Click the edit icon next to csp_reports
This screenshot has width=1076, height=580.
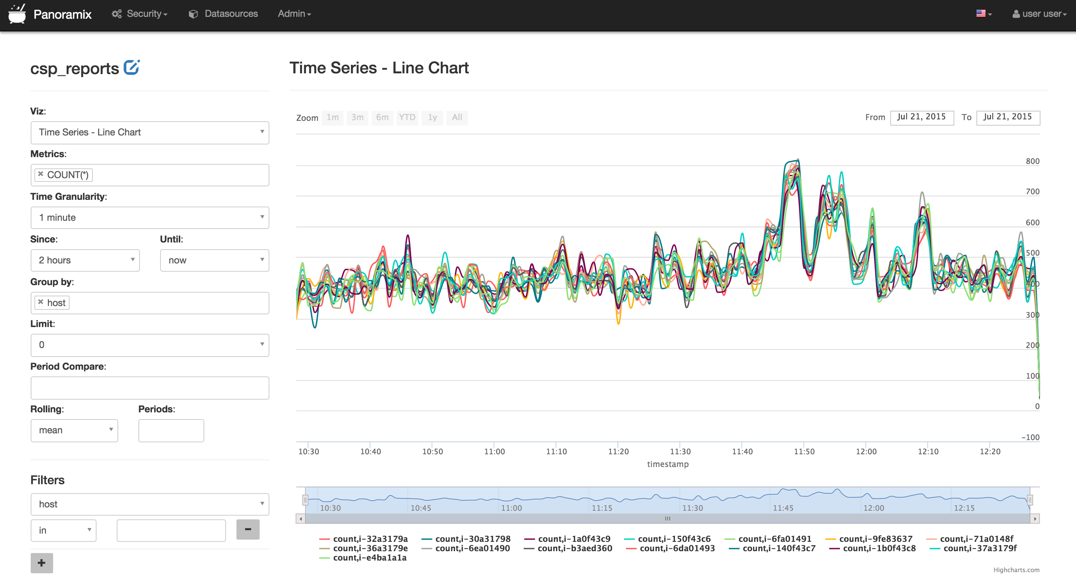tap(132, 68)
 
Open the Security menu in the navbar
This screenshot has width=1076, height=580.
tap(140, 14)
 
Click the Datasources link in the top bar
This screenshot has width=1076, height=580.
tap(223, 14)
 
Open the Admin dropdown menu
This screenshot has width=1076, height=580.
tap(294, 14)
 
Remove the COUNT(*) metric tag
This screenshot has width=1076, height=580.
tap(40, 174)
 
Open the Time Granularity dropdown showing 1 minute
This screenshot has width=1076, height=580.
tap(150, 217)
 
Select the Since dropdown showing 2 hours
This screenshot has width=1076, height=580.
tap(85, 260)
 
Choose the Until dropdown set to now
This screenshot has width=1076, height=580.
tap(214, 260)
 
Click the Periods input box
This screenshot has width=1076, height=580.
tap(171, 430)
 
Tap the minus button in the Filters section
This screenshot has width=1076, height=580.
tap(248, 529)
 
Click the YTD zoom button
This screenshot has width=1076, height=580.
tap(407, 117)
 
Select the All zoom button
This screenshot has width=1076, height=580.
tap(457, 117)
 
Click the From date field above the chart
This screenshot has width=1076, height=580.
tap(921, 117)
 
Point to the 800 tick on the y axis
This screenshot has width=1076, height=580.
tap(1032, 161)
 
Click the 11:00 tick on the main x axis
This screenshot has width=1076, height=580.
tap(495, 452)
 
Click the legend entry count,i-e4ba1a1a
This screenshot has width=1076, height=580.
tap(369, 558)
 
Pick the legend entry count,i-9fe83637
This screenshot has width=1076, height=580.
tap(875, 539)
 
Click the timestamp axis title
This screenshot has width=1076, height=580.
tap(667, 464)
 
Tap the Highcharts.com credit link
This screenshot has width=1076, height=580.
tap(1016, 570)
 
